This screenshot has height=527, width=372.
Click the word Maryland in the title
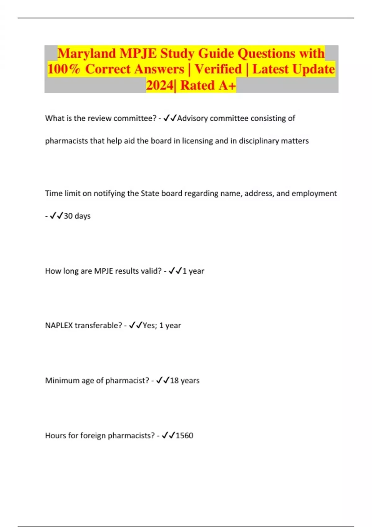(x=86, y=53)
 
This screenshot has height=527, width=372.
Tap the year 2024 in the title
(x=160, y=85)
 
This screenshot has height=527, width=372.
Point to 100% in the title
(x=64, y=69)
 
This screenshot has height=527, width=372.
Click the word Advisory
(x=192, y=118)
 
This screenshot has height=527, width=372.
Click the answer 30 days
(x=77, y=216)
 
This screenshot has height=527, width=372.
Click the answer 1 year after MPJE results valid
(x=193, y=271)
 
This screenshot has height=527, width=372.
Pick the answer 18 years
(x=184, y=381)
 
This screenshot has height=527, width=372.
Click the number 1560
(x=184, y=436)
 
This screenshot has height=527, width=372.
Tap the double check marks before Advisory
(x=170, y=118)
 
